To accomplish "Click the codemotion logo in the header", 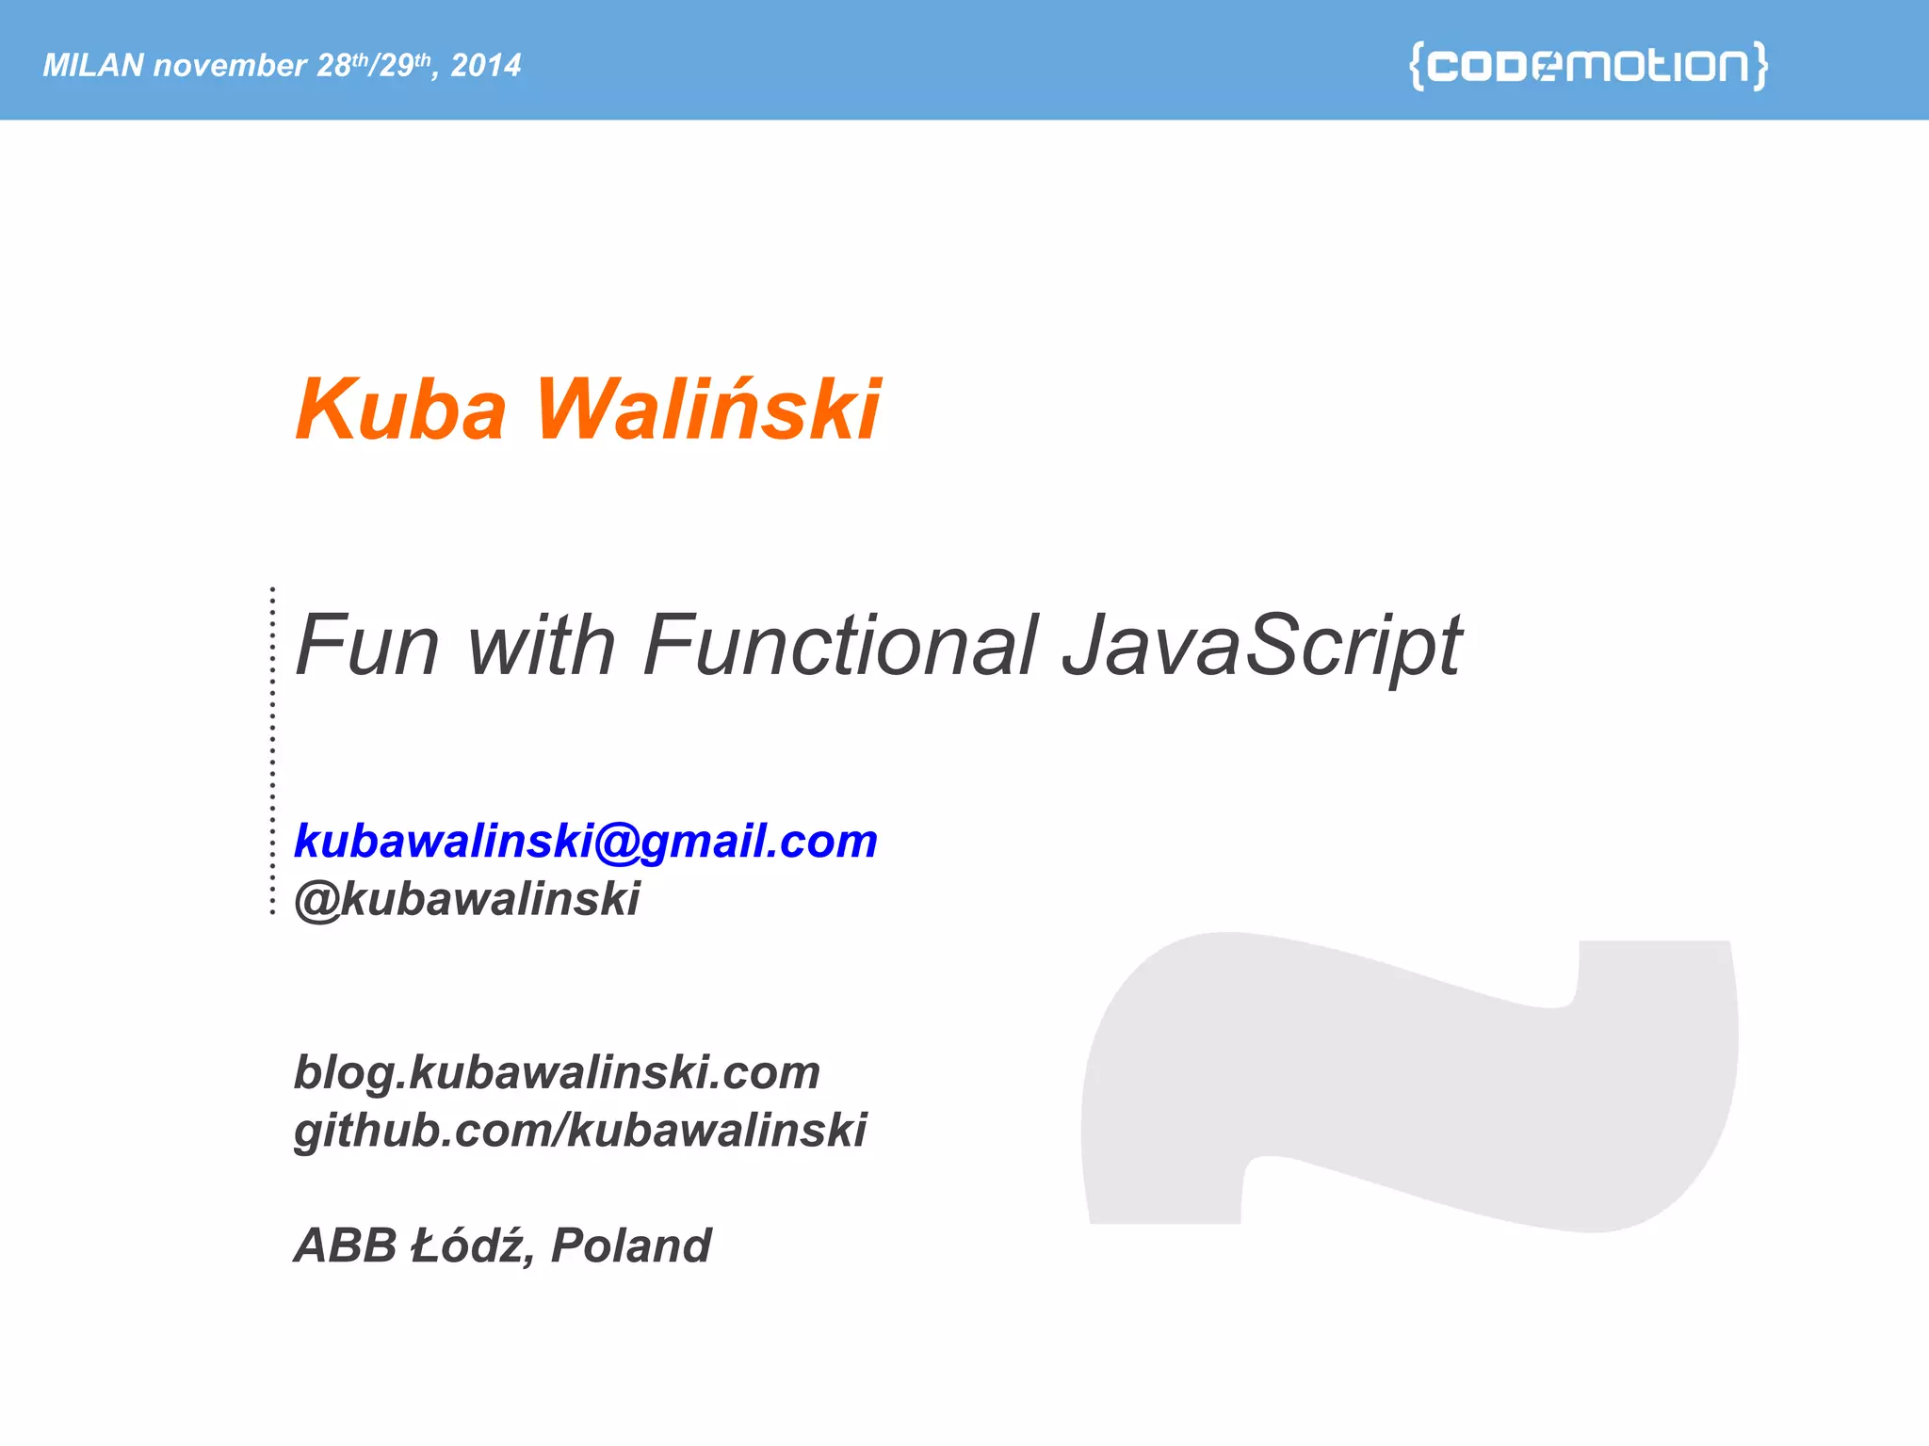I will point(1588,65).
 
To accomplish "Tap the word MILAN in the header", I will point(93,65).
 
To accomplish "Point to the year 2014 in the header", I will point(486,65).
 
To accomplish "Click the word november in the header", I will point(230,65).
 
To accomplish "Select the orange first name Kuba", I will point(401,410).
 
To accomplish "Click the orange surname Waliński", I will point(708,410).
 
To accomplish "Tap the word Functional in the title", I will point(841,646).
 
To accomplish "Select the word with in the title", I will point(542,646).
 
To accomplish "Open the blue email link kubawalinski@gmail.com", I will point(586,841).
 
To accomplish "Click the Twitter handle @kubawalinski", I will point(467,899).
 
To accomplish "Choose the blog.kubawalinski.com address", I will point(557,1072).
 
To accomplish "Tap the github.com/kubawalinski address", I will point(580,1130).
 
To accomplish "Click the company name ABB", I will point(346,1245).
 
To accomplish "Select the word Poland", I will point(631,1245).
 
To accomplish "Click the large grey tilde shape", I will point(1413,1083).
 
